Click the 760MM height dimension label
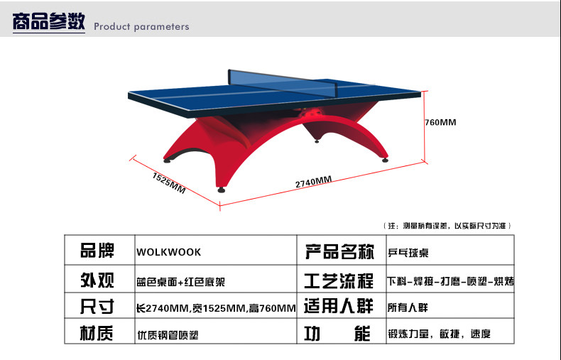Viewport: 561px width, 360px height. point(440,122)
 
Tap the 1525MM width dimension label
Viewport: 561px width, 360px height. point(169,183)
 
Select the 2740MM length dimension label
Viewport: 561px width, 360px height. point(313,182)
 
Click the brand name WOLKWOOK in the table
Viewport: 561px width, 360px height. point(168,252)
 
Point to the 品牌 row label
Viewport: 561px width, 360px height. point(97,250)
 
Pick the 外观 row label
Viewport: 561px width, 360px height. point(97,280)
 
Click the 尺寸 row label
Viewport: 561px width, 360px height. point(97,306)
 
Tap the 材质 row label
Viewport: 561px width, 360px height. point(97,333)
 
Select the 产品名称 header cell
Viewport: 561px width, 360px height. point(339,251)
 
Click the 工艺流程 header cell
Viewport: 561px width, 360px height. point(339,280)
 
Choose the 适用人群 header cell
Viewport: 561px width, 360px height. point(339,306)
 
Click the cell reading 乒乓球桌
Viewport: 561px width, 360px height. point(408,253)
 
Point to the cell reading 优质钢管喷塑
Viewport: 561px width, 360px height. point(168,335)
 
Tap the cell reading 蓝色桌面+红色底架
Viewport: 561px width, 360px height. point(180,282)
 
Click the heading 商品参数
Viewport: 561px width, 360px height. point(49,21)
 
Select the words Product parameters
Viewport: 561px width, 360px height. point(141,26)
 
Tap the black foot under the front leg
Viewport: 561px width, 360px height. point(222,190)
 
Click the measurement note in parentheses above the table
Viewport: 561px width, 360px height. point(447,226)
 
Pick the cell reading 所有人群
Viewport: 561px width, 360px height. point(408,307)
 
